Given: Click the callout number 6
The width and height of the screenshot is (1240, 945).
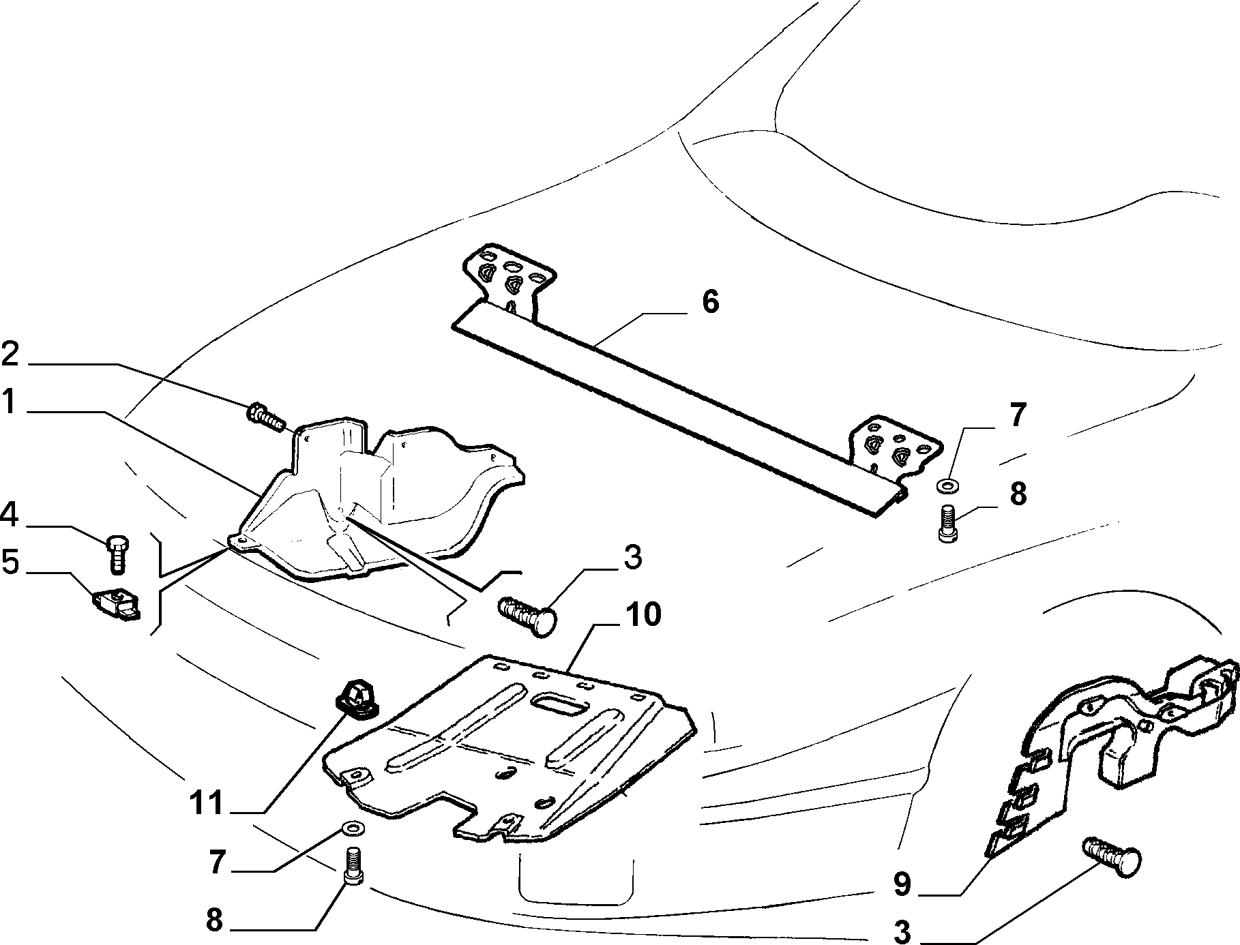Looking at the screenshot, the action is click(x=710, y=301).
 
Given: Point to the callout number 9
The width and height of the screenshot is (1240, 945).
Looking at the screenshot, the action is click(x=902, y=884).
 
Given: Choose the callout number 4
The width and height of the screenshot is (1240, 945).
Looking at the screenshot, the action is click(x=10, y=514).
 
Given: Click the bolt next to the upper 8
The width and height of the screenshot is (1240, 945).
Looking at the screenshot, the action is click(x=947, y=523).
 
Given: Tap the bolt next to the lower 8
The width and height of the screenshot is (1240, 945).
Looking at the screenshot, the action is click(x=353, y=865).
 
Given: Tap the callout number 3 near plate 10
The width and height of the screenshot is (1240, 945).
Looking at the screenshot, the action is click(x=632, y=557).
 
